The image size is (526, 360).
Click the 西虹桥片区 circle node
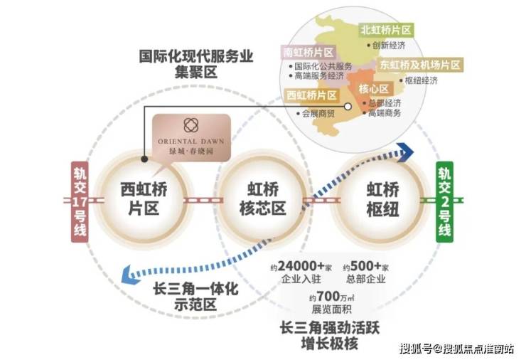[144, 199]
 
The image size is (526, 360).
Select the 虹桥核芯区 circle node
[262, 199]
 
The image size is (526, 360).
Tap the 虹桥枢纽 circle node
[382, 199]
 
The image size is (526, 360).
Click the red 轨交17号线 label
[80, 202]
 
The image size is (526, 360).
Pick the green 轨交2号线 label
[444, 202]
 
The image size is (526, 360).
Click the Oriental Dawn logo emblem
[191, 125]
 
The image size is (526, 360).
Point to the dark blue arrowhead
[405, 152]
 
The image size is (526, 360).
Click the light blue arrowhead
[130, 274]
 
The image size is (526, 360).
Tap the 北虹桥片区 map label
[386, 30]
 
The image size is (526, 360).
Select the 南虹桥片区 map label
[308, 53]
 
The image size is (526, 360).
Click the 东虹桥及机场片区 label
[420, 65]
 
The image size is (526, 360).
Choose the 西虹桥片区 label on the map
[311, 95]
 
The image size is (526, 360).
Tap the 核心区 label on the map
[373, 89]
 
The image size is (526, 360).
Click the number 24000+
[301, 266]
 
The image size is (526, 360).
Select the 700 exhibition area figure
[328, 296]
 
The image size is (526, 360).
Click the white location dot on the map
[348, 107]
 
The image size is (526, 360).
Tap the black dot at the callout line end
[144, 159]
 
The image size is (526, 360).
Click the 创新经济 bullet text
[389, 46]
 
